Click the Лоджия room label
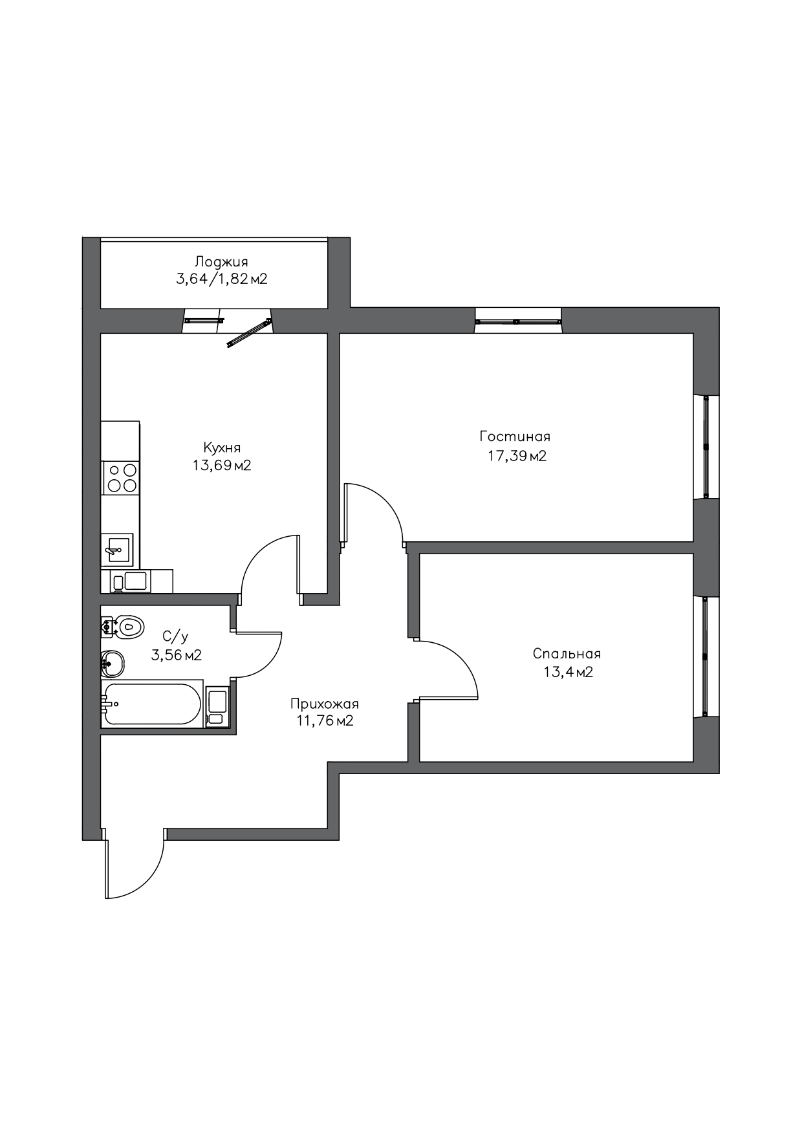pos(221,262)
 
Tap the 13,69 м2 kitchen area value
pos(221,465)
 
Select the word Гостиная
pos(515,437)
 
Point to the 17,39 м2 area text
pos(517,456)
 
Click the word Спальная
pos(567,654)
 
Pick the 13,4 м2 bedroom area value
pos(568,672)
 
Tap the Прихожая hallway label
pos(325,704)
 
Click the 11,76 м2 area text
pos(325,721)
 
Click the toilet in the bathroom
pos(122,626)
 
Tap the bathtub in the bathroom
pos(153,704)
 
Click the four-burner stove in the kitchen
pos(122,478)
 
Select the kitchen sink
pos(117,550)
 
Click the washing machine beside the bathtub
pos(217,706)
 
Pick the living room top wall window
pos(517,320)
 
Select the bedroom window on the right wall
pos(706,656)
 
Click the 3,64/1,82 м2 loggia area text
pos(222,279)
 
